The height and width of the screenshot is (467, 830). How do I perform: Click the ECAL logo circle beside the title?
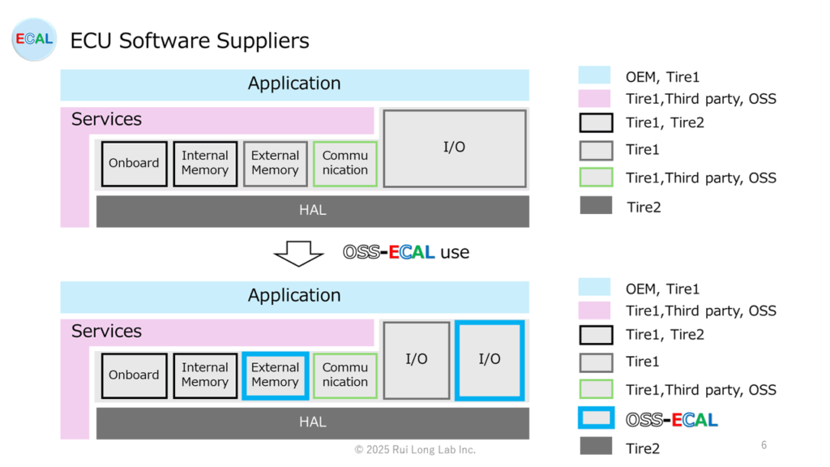pyautogui.click(x=34, y=39)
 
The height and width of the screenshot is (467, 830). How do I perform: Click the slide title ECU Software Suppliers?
pyautogui.click(x=190, y=41)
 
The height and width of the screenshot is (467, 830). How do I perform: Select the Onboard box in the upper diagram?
pyautogui.click(x=134, y=164)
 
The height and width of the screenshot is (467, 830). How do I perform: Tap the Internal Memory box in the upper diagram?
pyautogui.click(x=205, y=164)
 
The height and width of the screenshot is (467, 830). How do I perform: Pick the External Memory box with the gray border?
pyautogui.click(x=276, y=164)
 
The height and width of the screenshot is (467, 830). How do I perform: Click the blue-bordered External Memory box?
pyautogui.click(x=276, y=375)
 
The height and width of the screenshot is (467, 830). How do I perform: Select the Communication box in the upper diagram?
pyautogui.click(x=345, y=164)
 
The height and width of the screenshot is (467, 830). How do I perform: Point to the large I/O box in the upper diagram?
pyautogui.click(x=455, y=148)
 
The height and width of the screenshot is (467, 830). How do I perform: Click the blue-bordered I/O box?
pyautogui.click(x=490, y=360)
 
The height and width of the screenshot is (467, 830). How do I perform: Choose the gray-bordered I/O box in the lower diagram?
pyautogui.click(x=417, y=360)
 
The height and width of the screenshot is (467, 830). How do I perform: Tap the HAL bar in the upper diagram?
pyautogui.click(x=313, y=212)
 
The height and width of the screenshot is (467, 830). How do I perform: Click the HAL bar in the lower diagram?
pyautogui.click(x=313, y=423)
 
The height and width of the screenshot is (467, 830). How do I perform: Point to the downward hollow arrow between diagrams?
pyautogui.click(x=298, y=254)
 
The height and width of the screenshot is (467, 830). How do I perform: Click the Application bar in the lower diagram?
pyautogui.click(x=295, y=297)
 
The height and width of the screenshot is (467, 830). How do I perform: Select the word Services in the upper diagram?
pyautogui.click(x=106, y=119)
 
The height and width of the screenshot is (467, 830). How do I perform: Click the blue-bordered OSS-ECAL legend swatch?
pyautogui.click(x=597, y=418)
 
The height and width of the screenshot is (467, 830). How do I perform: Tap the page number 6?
pyautogui.click(x=764, y=445)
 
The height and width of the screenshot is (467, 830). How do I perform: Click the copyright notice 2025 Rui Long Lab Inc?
pyautogui.click(x=415, y=449)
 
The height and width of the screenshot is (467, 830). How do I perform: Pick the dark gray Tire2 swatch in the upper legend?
pyautogui.click(x=596, y=205)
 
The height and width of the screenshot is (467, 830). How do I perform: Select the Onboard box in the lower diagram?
pyautogui.click(x=134, y=375)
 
